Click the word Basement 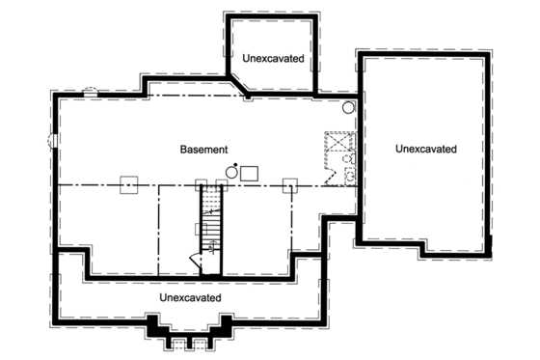point(203,150)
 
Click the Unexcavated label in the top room point(273,59)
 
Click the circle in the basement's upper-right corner point(349,107)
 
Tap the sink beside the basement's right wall point(350,176)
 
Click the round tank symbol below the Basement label point(230,173)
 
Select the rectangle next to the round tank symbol point(249,172)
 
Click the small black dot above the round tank point(235,163)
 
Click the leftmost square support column point(126,185)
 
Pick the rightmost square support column point(288,185)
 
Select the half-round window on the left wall point(53,141)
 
